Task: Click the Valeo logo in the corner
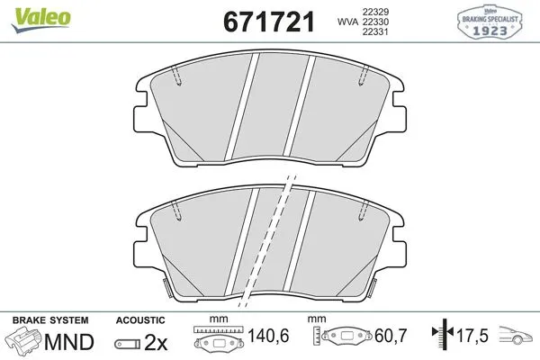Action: pyautogui.click(x=41, y=19)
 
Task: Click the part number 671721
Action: pyautogui.click(x=269, y=22)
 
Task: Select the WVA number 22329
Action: pyautogui.click(x=375, y=12)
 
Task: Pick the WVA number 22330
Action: pyautogui.click(x=375, y=22)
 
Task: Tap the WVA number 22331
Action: pyautogui.click(x=375, y=31)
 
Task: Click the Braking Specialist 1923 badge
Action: pyautogui.click(x=490, y=22)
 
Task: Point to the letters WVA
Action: pyautogui.click(x=347, y=22)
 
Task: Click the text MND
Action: pyautogui.click(x=69, y=342)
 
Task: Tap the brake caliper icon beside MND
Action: pyautogui.click(x=23, y=341)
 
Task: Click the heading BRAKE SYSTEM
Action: pyautogui.click(x=50, y=320)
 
